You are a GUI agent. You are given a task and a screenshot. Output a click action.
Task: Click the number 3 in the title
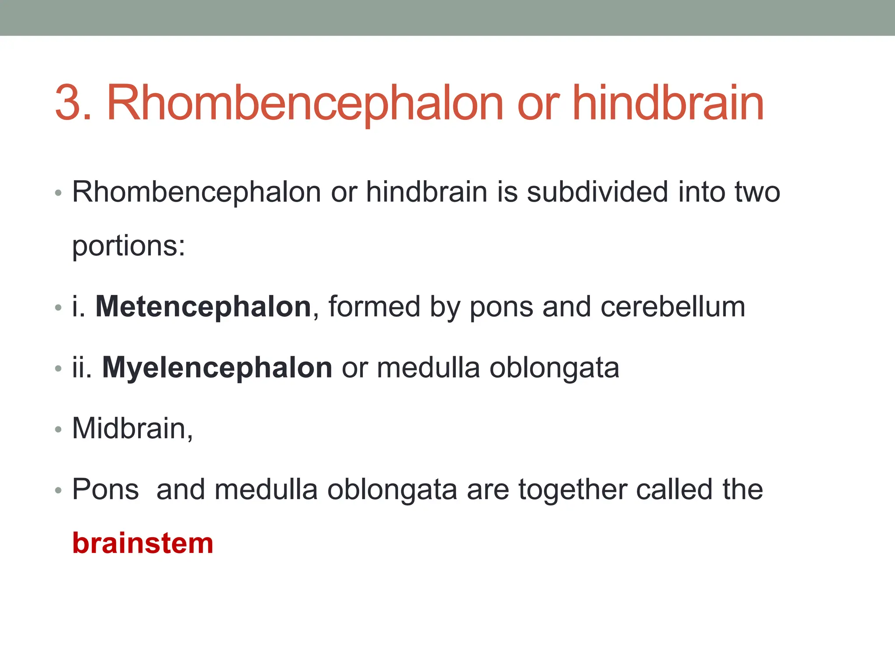pyautogui.click(x=73, y=103)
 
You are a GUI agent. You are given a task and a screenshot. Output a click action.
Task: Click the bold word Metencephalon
pyautogui.click(x=203, y=307)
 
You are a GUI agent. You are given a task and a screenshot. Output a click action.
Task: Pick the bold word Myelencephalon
pyautogui.click(x=217, y=367)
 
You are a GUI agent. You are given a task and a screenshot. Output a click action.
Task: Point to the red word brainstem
pyautogui.click(x=142, y=543)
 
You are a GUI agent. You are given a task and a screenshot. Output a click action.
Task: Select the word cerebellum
pyautogui.click(x=673, y=307)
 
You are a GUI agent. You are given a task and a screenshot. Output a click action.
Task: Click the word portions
pyautogui.click(x=128, y=246)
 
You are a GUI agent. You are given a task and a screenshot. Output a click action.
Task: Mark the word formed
pyautogui.click(x=374, y=307)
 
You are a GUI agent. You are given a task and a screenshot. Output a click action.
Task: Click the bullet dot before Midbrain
pyautogui.click(x=59, y=430)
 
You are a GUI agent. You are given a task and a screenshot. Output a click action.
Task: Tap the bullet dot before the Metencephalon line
pyautogui.click(x=59, y=308)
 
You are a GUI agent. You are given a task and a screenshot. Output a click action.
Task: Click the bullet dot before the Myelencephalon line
pyautogui.click(x=59, y=369)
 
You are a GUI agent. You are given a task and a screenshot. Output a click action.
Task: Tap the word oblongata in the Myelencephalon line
pyautogui.click(x=554, y=368)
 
